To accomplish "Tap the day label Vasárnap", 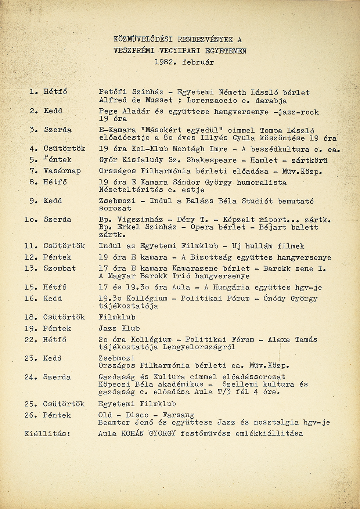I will point(62,171).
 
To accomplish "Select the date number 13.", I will point(29,268).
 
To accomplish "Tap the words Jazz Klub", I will point(119,328).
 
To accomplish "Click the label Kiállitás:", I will point(47,433).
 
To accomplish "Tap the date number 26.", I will point(29,415).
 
